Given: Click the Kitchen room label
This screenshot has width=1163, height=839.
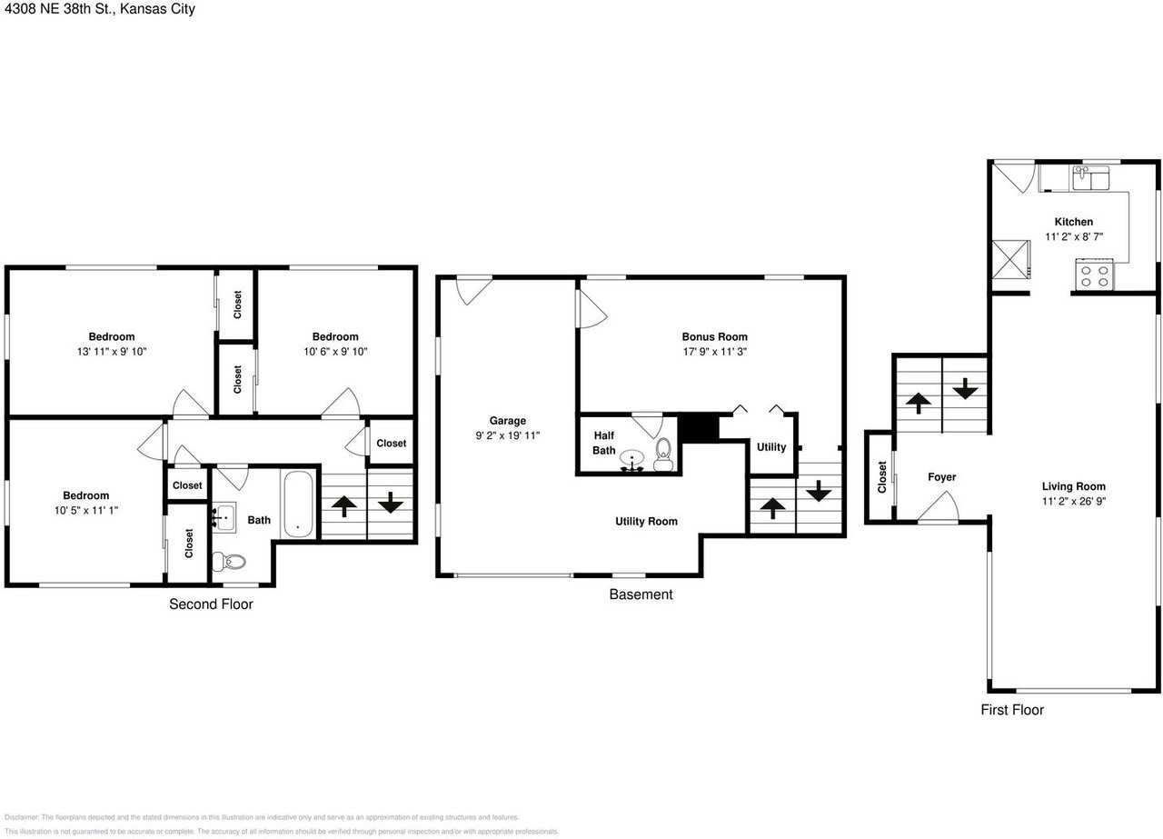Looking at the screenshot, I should tap(1073, 222).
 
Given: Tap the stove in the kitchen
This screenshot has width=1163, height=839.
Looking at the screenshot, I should tap(1095, 275).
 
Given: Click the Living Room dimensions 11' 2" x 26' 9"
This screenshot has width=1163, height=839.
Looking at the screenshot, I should tap(1073, 501).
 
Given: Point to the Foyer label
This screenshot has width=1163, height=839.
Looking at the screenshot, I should tap(941, 477).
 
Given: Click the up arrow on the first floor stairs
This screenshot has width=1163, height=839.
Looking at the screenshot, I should tap(918, 401).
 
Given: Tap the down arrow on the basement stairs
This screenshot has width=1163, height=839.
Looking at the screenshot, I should tap(819, 491).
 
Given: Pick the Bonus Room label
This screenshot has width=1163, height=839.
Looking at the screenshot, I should tap(714, 336).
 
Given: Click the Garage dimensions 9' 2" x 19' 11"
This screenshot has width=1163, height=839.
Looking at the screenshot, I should tap(507, 434).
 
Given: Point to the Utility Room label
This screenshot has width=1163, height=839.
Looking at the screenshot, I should tap(646, 521).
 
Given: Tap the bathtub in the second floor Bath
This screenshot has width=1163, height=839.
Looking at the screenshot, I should tap(297, 504).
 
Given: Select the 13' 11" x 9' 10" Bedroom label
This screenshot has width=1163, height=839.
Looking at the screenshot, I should tap(111, 336).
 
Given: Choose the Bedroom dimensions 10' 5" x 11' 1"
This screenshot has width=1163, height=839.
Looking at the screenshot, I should tap(85, 510).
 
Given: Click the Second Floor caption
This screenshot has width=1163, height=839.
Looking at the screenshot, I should tap(211, 604).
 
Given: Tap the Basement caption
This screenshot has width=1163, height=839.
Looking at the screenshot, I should tap(641, 594).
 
